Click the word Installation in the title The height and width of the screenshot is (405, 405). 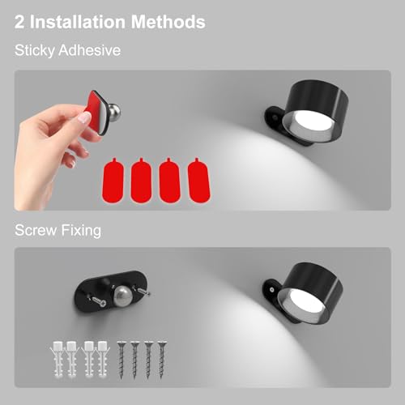pos(79,22)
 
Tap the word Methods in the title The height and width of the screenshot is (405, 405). pos(168,22)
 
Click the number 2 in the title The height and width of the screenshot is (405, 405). pos(19,22)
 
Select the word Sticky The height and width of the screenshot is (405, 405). pos(35,50)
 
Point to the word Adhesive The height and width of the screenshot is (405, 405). pos(90,50)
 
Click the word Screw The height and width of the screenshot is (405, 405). pos(36,230)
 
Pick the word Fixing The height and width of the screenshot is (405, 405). pos(81,231)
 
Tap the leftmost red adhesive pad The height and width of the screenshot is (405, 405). pos(113,180)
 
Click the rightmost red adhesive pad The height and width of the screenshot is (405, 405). pos(198,180)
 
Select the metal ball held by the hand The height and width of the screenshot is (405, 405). pos(113,111)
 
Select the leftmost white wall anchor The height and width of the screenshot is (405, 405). pos(58,359)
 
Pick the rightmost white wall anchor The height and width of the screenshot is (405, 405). pos(103,359)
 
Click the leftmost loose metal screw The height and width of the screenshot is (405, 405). pos(122,360)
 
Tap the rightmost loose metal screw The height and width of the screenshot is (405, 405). pos(162,360)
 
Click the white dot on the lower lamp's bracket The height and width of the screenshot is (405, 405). pos(272,290)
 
